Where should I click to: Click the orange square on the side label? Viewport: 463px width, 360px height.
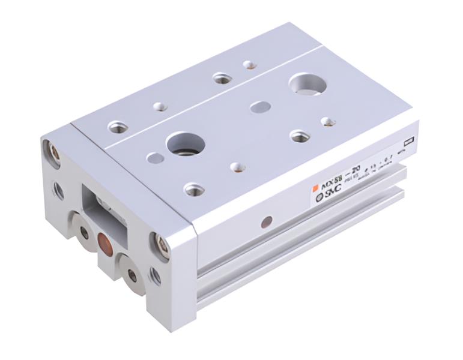click(315, 189)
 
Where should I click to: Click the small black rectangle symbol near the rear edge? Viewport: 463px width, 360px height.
click(407, 142)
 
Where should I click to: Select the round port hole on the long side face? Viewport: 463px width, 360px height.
click(265, 222)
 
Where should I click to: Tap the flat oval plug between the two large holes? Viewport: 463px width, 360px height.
click(260, 107)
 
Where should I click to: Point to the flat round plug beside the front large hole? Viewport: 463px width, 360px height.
click(154, 158)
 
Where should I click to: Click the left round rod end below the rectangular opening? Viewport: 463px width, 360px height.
click(83, 232)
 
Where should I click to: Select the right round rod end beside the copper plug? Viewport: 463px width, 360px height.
click(132, 275)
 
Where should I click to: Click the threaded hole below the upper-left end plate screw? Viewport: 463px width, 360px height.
click(58, 190)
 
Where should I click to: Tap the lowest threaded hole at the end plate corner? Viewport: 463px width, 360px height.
click(154, 277)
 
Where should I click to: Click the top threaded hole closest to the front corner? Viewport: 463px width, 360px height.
click(193, 190)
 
